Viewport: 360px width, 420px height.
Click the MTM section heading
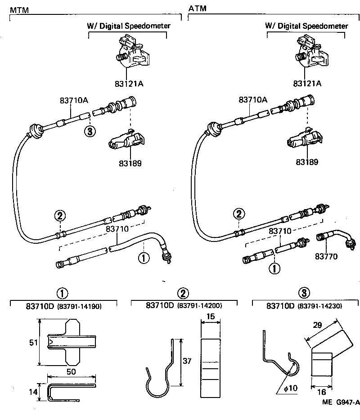[x=19, y=9]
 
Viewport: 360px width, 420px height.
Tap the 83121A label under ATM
[x=307, y=83]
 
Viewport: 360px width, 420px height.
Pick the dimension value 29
[x=318, y=324]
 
